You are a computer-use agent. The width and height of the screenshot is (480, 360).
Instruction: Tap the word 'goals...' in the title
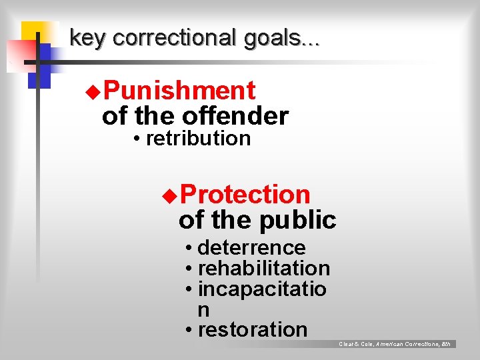[x=282, y=38]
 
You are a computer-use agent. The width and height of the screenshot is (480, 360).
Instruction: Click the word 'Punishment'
[x=179, y=91]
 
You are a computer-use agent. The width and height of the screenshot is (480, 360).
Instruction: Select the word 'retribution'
[x=198, y=139]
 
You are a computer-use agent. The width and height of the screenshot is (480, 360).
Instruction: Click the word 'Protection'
[x=245, y=195]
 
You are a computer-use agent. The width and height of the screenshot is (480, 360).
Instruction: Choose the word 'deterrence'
[x=251, y=247]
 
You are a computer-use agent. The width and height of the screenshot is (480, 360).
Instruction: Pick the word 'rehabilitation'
[x=264, y=268]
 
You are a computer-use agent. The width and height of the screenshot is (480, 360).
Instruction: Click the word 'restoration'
[x=253, y=329]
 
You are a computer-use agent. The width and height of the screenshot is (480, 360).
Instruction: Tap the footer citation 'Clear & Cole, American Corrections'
[x=395, y=344]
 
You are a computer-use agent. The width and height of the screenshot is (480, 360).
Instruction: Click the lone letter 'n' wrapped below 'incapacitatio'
[x=203, y=309]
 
